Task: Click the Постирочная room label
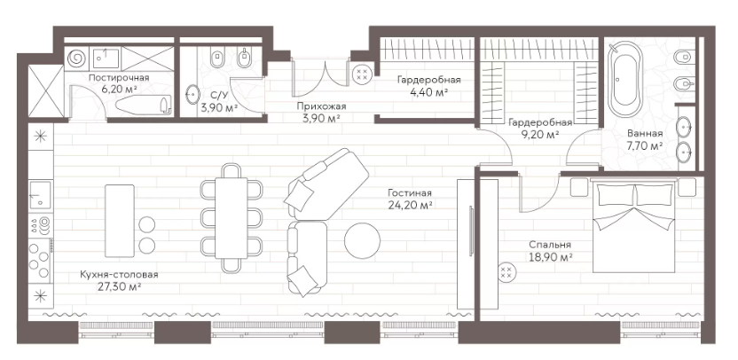tap(119, 78)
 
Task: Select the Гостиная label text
tap(410, 193)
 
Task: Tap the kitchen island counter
tap(120, 221)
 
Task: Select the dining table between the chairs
tap(232, 217)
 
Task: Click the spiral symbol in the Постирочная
tap(76, 59)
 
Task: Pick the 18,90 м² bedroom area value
tap(550, 257)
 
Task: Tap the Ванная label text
tap(645, 133)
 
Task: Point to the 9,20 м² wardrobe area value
tap(540, 135)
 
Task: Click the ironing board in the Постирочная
tap(143, 105)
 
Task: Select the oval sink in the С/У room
tap(192, 94)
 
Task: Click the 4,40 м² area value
tap(428, 91)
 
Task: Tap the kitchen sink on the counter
tap(41, 195)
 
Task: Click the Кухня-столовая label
tap(118, 274)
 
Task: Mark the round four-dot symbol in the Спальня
tap(506, 271)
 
